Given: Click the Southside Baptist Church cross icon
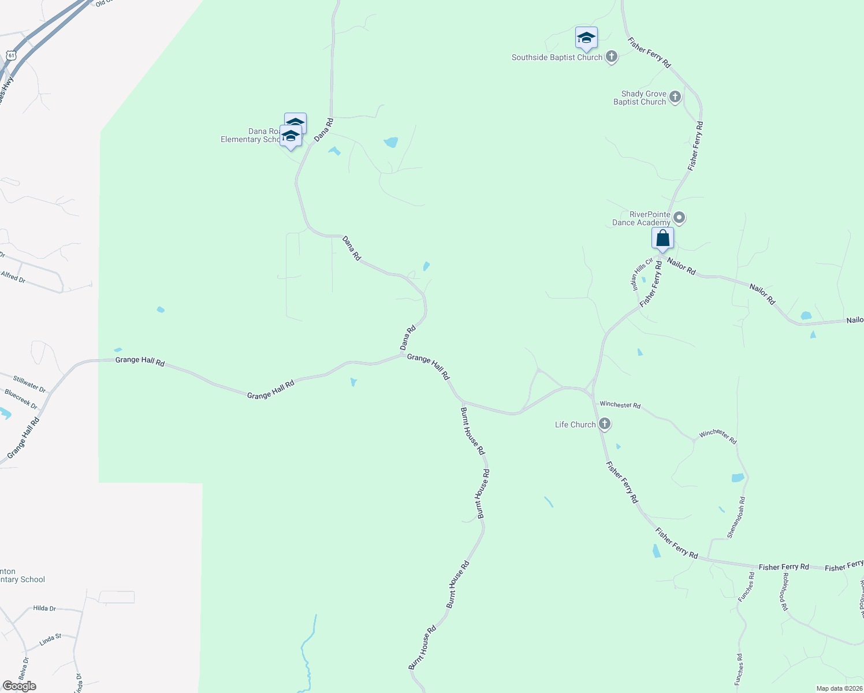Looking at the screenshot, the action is [x=612, y=57].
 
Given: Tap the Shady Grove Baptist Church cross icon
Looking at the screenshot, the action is [x=675, y=98].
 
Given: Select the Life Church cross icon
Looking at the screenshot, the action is [x=605, y=424].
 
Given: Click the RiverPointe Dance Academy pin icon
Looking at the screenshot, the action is [x=679, y=218].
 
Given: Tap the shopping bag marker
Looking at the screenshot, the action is [x=662, y=239].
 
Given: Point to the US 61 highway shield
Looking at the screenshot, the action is [x=12, y=55].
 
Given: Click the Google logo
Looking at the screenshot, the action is [x=19, y=685].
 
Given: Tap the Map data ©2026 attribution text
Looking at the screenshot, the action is [x=838, y=688].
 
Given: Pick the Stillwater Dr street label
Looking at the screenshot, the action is [x=29, y=383].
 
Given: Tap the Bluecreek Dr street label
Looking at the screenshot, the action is [x=21, y=399].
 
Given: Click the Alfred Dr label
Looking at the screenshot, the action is [x=13, y=277].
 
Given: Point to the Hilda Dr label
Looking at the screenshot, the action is [x=44, y=608].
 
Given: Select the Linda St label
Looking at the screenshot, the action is [x=50, y=639].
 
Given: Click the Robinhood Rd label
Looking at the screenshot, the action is [x=785, y=591].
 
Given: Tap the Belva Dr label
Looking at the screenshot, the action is [x=24, y=668].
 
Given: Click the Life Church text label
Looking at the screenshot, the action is [x=575, y=424].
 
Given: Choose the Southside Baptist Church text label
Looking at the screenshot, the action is [x=557, y=57].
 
